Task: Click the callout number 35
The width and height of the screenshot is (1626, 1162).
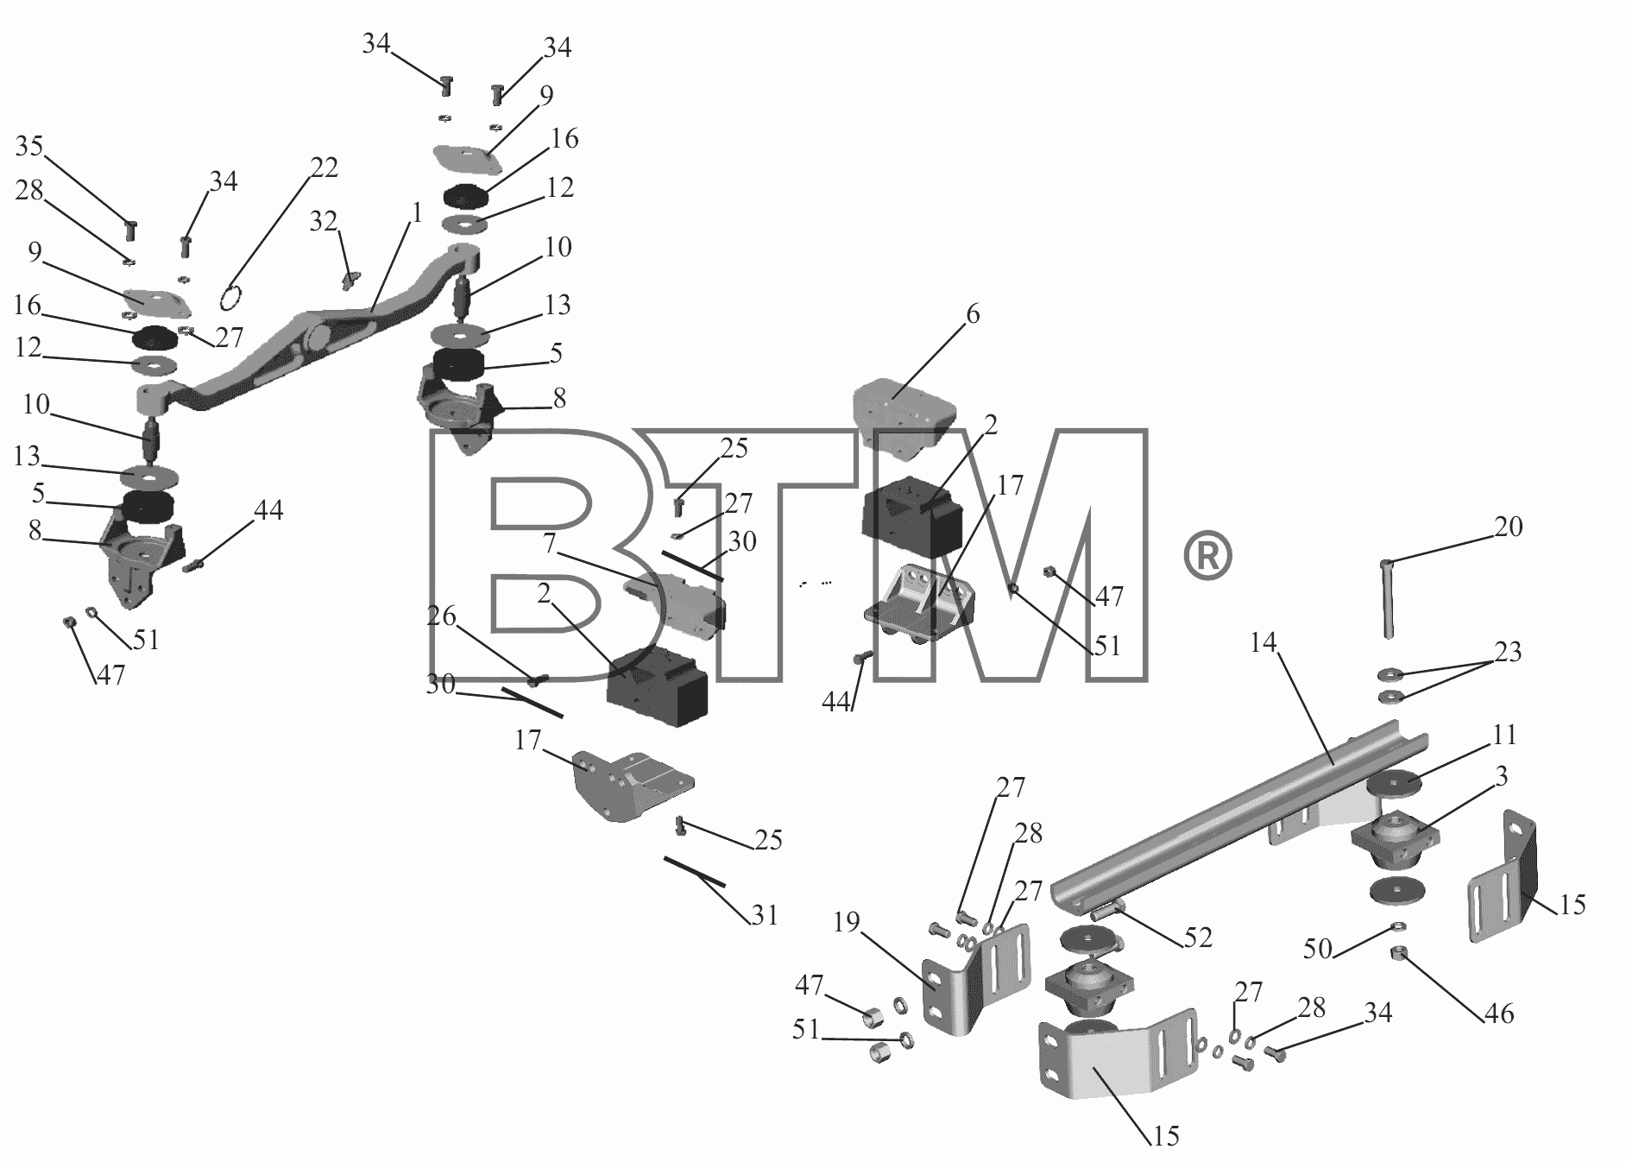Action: [29, 147]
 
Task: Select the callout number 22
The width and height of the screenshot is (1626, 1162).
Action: [324, 167]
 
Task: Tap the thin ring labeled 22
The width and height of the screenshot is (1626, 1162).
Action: [230, 298]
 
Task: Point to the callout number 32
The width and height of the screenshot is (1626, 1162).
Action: [324, 222]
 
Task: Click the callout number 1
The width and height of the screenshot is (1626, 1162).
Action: [417, 213]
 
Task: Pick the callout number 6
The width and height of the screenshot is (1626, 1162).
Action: [973, 314]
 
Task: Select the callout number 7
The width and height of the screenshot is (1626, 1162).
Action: [549, 544]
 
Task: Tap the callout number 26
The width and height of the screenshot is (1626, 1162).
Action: [441, 616]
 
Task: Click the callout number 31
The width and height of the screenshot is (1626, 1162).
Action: [765, 914]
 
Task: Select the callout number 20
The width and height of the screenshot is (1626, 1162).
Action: [1509, 526]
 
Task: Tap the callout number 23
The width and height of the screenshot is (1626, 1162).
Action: [1508, 652]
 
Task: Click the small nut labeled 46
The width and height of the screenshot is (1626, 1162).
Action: [1399, 954]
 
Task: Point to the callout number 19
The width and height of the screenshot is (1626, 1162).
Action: [847, 923]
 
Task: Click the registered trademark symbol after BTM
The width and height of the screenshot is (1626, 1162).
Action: [1207, 557]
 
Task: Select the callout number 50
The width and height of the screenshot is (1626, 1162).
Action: [1317, 951]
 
